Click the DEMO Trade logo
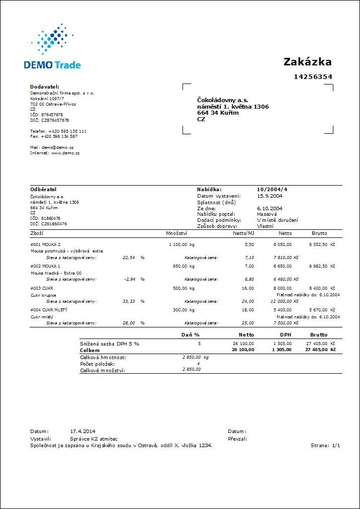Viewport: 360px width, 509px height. (x=52, y=47)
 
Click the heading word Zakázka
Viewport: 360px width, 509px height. (x=307, y=62)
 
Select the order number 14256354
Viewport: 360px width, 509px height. (x=313, y=77)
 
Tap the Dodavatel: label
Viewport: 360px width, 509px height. (x=45, y=87)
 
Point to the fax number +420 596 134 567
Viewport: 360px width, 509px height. (x=59, y=136)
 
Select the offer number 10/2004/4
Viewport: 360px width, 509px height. (x=272, y=189)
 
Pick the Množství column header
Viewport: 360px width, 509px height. (x=176, y=233)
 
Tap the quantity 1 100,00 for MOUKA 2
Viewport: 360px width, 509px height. (x=177, y=244)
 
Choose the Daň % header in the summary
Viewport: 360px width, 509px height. (x=190, y=334)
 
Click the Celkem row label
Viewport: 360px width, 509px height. (x=90, y=350)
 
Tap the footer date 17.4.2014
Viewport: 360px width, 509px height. (x=82, y=432)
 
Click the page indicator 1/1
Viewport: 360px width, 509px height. (x=336, y=446)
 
